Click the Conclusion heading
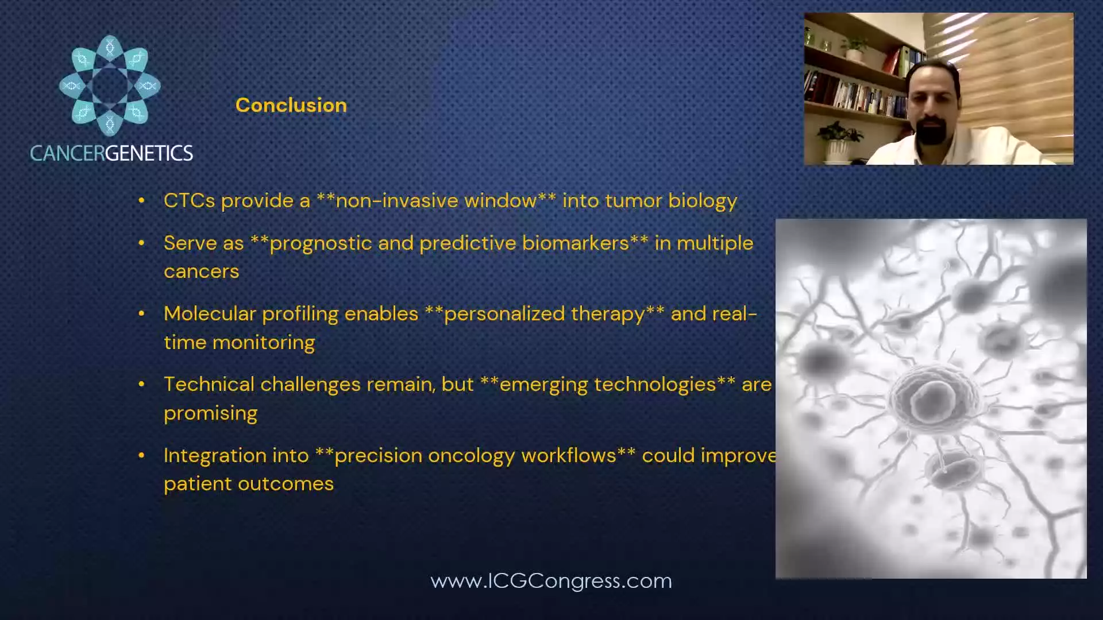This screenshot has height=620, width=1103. point(291,105)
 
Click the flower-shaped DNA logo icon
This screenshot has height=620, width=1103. point(110,86)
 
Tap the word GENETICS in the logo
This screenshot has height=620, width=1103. point(149,153)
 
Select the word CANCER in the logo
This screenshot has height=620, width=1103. point(67,153)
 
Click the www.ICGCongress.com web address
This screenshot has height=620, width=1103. point(551,580)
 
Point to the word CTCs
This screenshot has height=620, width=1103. point(190,200)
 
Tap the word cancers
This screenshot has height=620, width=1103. point(202,272)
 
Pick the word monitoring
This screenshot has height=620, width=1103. point(264,343)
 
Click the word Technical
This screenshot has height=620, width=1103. point(209,384)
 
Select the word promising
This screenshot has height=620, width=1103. point(211,414)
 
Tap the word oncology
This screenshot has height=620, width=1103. point(472,456)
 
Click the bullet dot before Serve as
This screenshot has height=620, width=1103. point(141,243)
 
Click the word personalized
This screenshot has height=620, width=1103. point(545,315)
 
